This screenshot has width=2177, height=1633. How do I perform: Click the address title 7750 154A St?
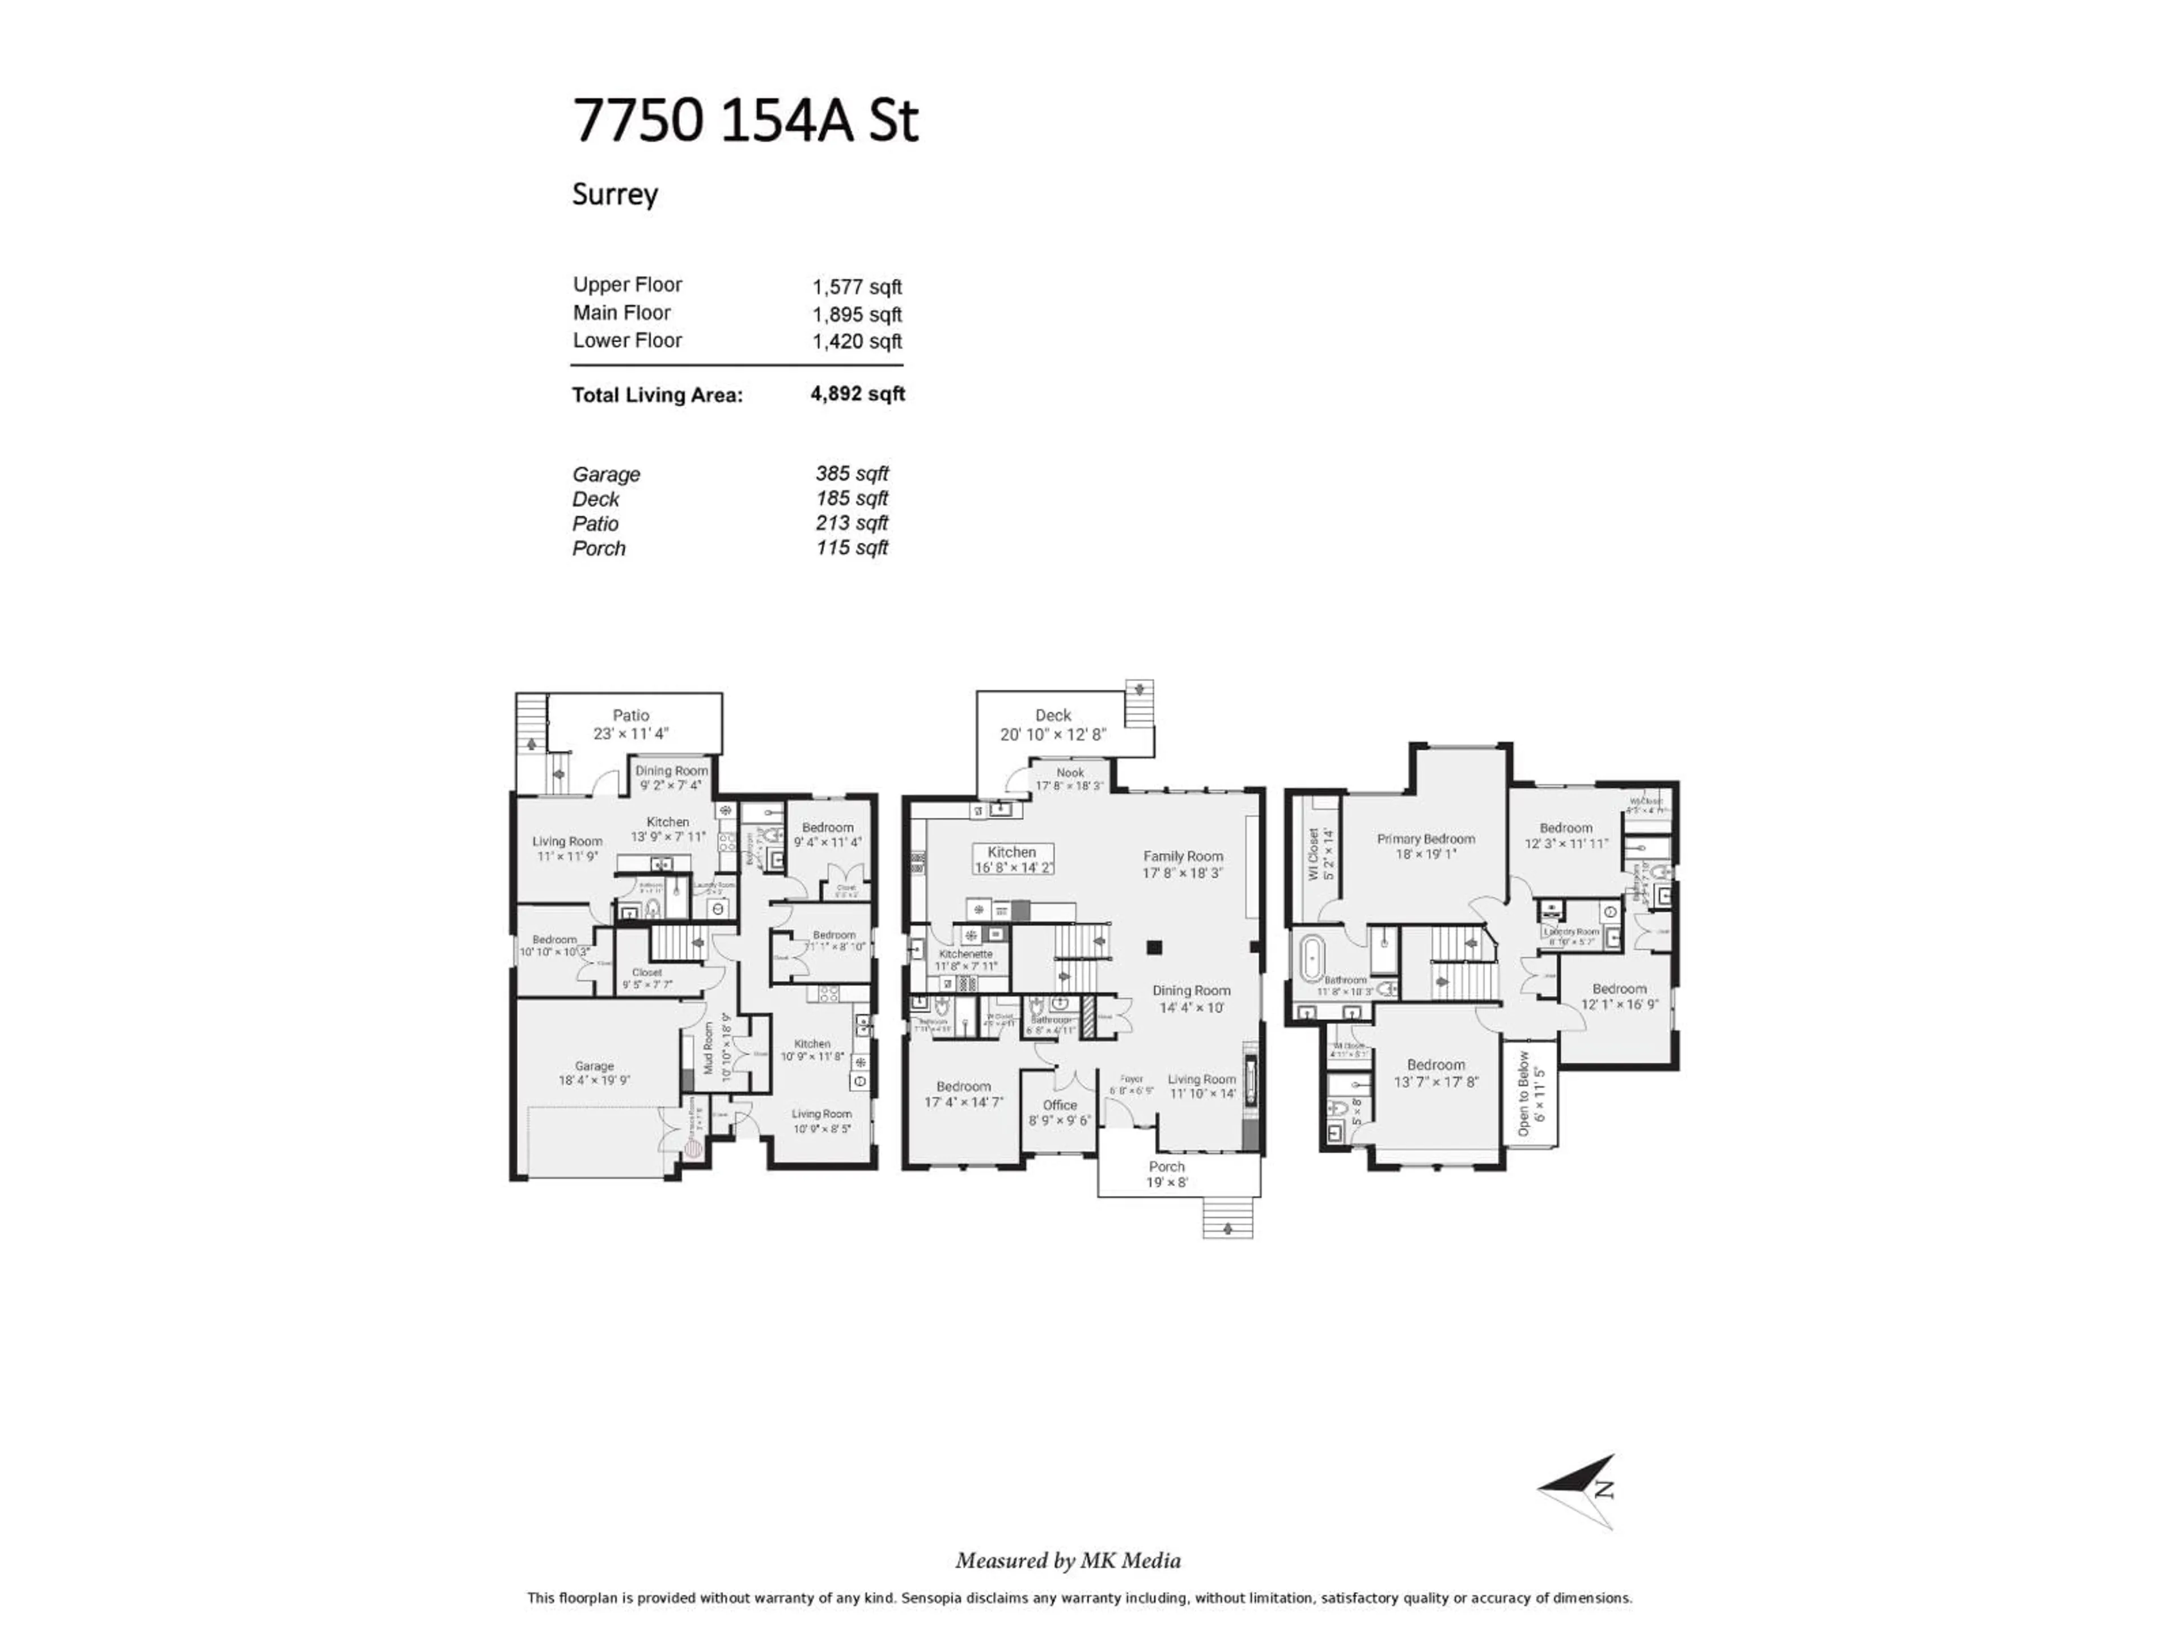[x=745, y=122]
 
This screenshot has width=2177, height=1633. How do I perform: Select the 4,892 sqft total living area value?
[x=857, y=394]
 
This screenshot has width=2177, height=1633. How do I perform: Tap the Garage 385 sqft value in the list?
[x=852, y=473]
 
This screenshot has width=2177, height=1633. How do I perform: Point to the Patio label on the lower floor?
[x=631, y=716]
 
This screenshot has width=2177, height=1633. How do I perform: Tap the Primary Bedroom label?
[x=1425, y=839]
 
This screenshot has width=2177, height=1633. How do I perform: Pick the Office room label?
[x=1060, y=1105]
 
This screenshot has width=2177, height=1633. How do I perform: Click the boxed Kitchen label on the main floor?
[x=1012, y=852]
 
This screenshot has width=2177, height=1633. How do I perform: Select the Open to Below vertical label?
[x=1523, y=1093]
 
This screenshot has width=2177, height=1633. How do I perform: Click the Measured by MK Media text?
[x=1068, y=1560]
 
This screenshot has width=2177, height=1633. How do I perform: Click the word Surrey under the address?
[x=615, y=194]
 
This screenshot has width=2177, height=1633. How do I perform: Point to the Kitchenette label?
[x=965, y=954]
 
